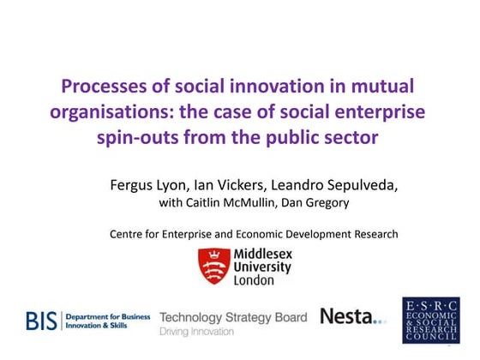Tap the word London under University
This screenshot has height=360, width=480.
pyautogui.click(x=255, y=279)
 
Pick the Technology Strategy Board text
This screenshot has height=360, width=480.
pyautogui.click(x=232, y=316)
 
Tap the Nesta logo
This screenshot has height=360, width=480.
pyautogui.click(x=352, y=317)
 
